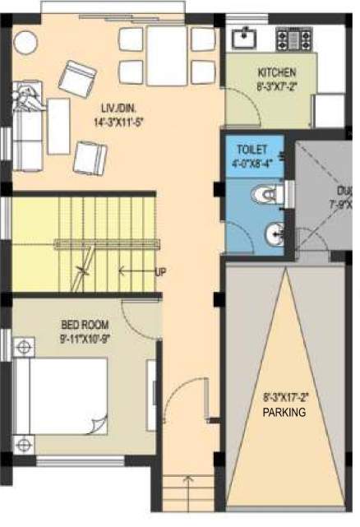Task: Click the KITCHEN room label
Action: coord(270,72)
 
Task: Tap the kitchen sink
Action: coord(243,38)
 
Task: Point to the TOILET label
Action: coord(251,150)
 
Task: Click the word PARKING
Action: coord(285,413)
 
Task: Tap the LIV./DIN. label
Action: coord(114,109)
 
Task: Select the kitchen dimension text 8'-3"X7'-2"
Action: coord(271,84)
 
